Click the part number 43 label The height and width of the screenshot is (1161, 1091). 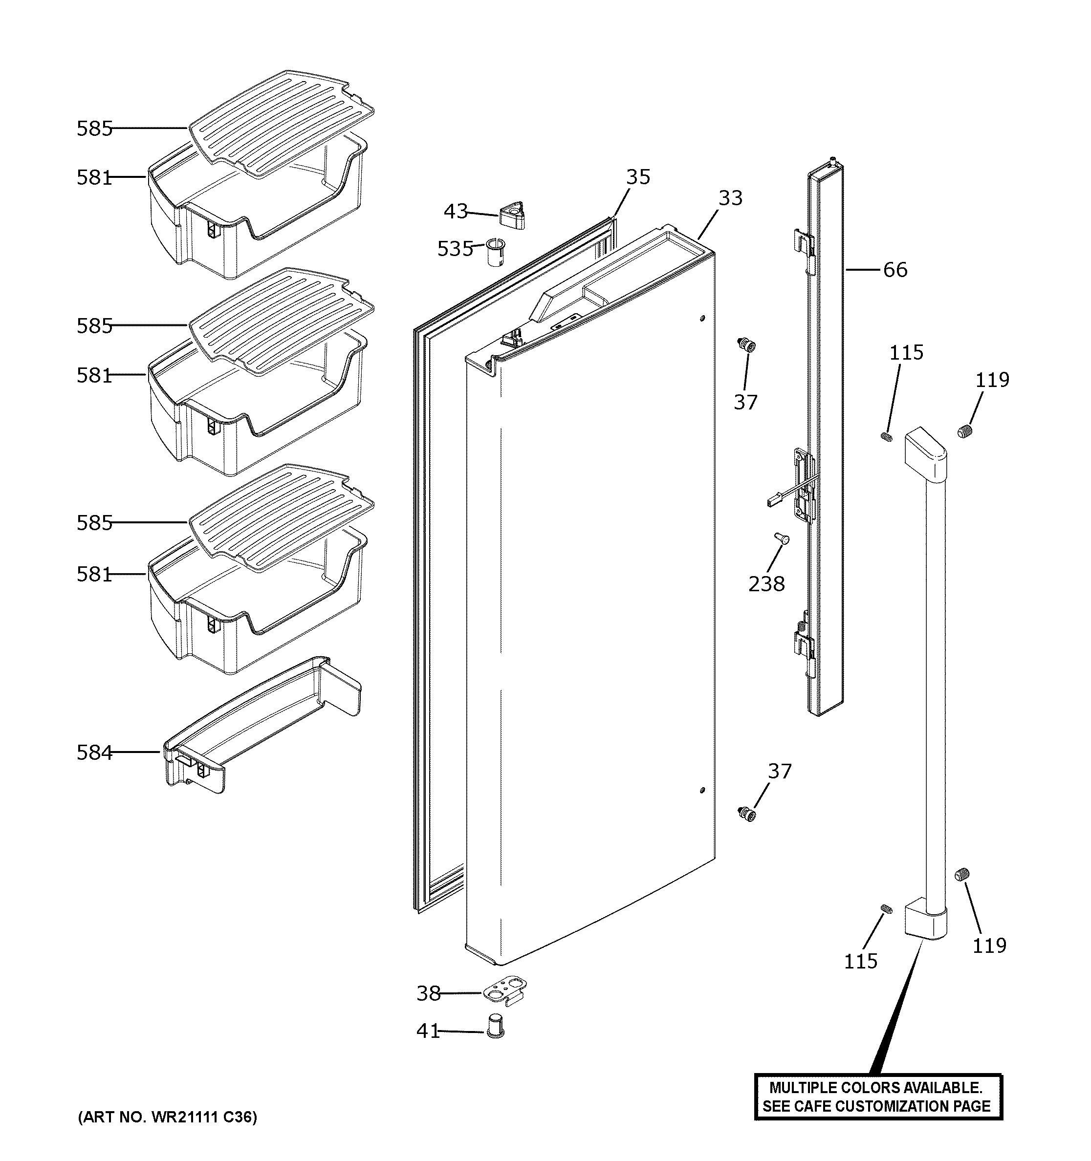[x=456, y=212]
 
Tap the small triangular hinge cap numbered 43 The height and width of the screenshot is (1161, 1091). [x=512, y=215]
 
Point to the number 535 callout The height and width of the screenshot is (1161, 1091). [x=455, y=249]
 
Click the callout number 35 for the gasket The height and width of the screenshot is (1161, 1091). [x=638, y=177]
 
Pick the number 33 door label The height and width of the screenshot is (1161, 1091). [x=730, y=198]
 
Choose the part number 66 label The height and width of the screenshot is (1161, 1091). [x=895, y=270]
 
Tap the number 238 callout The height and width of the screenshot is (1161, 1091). [x=766, y=583]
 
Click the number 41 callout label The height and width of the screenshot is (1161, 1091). [x=428, y=1032]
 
